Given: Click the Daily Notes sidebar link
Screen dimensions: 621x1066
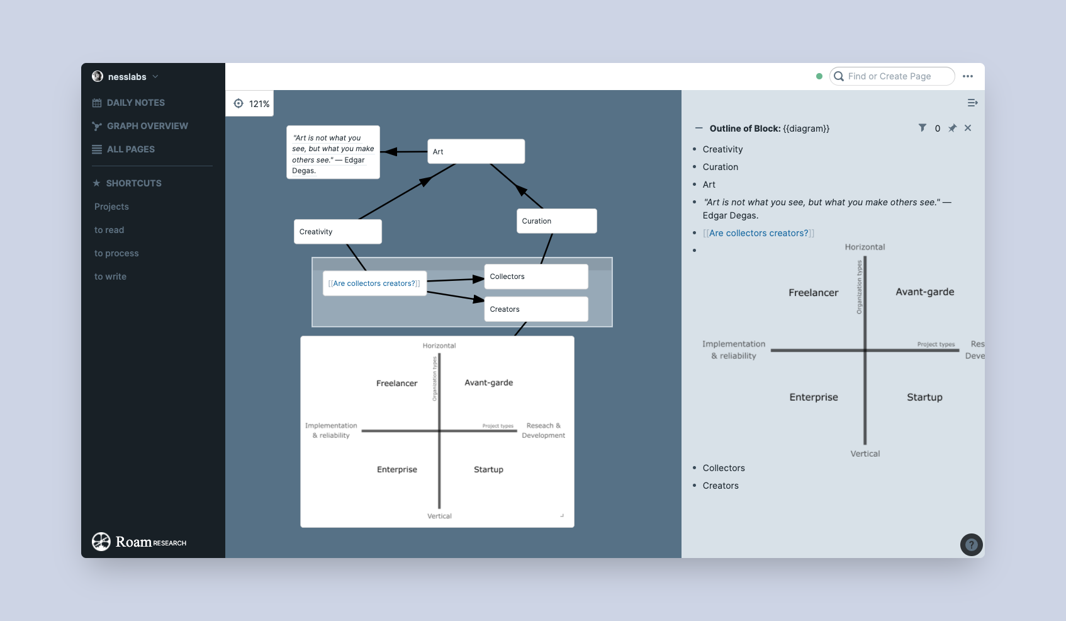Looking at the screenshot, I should click(135, 103).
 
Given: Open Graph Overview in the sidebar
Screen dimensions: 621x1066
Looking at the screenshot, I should click(147, 126).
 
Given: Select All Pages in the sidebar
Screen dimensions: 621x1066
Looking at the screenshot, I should click(130, 149).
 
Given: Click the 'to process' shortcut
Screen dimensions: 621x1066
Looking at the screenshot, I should click(116, 253).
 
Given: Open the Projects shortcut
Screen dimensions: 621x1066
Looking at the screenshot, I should click(111, 207).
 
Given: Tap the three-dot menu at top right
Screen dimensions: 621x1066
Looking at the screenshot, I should click(968, 76).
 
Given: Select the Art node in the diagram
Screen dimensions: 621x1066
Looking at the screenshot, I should click(476, 152).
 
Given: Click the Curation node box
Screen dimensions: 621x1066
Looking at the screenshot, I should click(556, 221).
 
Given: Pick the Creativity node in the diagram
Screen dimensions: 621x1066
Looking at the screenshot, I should click(337, 232).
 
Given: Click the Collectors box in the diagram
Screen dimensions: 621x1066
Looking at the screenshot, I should click(536, 276).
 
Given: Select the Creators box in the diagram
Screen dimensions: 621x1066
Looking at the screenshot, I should click(536, 309).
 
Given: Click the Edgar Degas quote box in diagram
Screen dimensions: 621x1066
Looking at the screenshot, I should click(333, 152).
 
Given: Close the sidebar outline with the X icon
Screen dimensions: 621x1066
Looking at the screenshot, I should click(968, 128).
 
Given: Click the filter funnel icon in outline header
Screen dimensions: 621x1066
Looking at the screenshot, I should click(922, 128).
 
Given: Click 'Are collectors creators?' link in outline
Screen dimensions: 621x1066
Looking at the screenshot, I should click(758, 233).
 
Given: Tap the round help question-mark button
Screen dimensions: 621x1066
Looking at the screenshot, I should click(971, 545).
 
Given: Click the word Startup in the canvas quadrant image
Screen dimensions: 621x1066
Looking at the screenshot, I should click(488, 470).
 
